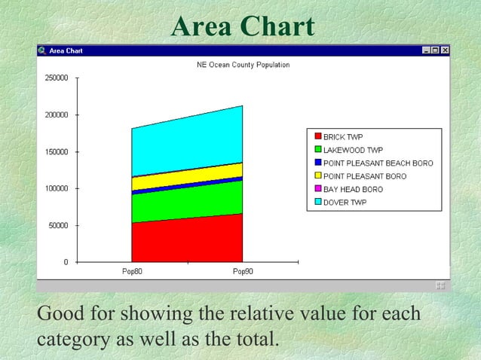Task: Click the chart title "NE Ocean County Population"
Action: [243, 66]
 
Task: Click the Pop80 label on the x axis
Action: [132, 271]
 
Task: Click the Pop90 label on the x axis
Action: [243, 271]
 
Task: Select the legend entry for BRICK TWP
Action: [343, 137]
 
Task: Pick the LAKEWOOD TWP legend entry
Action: [353, 150]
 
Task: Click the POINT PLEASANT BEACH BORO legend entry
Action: [378, 163]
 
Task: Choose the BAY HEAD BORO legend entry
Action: [353, 189]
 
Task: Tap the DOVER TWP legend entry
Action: [345, 202]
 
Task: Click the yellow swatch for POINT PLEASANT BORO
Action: [317, 176]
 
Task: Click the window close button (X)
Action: [445, 50]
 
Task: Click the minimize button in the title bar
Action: [427, 50]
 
